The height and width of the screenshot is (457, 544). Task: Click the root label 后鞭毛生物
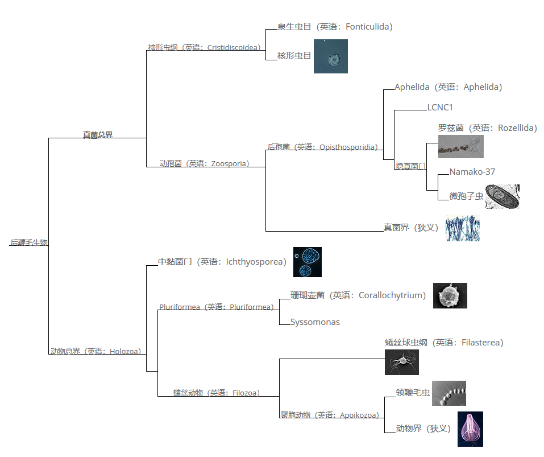[x=28, y=242]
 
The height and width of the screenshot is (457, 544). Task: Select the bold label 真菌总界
[x=98, y=135]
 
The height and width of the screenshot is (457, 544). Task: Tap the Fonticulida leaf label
[x=335, y=27]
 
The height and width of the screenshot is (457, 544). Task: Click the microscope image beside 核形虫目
[x=330, y=56]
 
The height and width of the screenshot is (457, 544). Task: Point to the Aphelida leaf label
[x=448, y=87]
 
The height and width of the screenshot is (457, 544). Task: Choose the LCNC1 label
[x=440, y=107]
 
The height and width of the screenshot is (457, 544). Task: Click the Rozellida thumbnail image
[x=460, y=146]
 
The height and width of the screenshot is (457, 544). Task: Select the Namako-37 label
[x=472, y=171]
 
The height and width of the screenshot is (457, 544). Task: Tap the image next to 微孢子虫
[x=502, y=196]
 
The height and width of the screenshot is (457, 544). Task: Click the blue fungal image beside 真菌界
[x=462, y=228]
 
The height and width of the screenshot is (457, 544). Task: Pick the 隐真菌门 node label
[x=410, y=166]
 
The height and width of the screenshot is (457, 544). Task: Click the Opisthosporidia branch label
[x=322, y=147]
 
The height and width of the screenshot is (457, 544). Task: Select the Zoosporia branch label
[x=204, y=163]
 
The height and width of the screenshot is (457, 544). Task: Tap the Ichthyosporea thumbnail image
[x=307, y=262]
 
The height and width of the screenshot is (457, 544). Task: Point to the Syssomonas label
[x=315, y=322]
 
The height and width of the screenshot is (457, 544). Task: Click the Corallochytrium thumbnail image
[x=450, y=295]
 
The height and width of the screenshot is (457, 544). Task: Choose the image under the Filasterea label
[x=401, y=362]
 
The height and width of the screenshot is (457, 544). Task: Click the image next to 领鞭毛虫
[x=449, y=393]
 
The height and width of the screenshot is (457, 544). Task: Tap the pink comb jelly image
[x=470, y=429]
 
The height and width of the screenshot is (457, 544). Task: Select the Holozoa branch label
[x=95, y=351]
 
